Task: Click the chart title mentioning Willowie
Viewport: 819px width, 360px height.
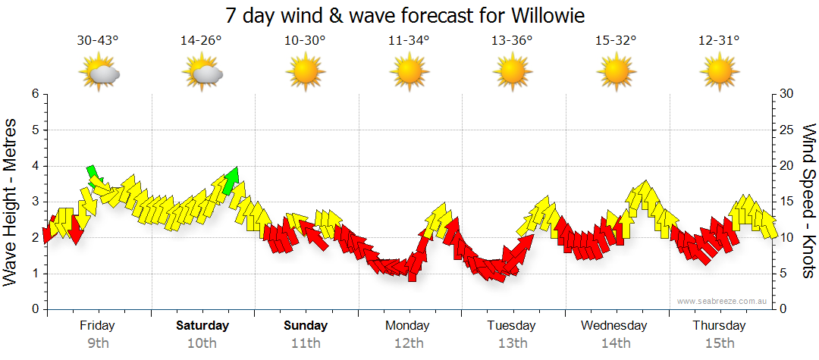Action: (406, 15)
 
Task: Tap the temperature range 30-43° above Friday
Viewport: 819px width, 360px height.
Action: (98, 40)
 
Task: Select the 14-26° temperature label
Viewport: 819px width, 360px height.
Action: (202, 40)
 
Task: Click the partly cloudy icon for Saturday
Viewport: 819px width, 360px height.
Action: (202, 73)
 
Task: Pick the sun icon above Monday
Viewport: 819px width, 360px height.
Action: (409, 73)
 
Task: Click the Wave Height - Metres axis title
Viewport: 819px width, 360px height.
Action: (12, 201)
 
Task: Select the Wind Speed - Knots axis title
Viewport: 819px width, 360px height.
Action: (808, 201)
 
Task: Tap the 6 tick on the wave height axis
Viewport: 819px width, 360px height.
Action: (35, 94)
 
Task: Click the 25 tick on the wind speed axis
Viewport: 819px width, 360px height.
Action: (787, 130)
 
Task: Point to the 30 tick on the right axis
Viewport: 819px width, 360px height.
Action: (787, 94)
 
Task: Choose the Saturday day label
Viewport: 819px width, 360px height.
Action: (202, 326)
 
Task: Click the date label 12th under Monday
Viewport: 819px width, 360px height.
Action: (409, 343)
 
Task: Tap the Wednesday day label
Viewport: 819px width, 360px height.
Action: (614, 326)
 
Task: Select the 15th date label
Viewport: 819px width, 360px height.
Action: (719, 343)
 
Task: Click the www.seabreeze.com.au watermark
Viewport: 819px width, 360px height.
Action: (723, 301)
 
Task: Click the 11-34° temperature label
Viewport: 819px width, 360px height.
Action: (409, 40)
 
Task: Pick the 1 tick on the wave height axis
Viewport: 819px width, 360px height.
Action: (35, 274)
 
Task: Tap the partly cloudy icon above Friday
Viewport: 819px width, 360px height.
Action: (99, 73)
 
